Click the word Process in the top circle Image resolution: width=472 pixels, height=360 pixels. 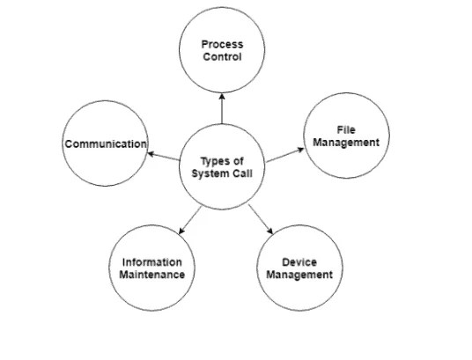[x=222, y=43]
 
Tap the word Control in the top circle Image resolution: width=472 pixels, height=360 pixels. [x=222, y=56]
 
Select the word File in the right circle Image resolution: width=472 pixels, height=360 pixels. [x=346, y=129]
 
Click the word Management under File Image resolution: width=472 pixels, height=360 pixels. [x=346, y=142]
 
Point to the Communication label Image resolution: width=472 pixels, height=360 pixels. [x=105, y=143]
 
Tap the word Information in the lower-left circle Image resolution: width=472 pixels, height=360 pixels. [x=152, y=262]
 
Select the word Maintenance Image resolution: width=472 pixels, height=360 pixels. [x=152, y=275]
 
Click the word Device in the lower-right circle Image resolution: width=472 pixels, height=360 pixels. [x=299, y=262]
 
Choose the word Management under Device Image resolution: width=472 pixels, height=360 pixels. [x=299, y=275]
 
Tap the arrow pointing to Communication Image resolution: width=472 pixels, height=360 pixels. [x=163, y=157]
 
